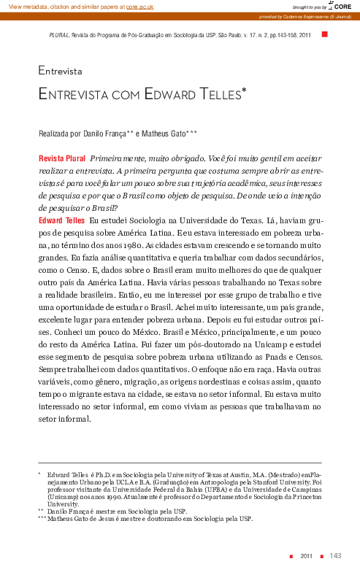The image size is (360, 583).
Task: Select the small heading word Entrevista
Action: tap(60, 72)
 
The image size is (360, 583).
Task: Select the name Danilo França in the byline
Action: tap(103, 134)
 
